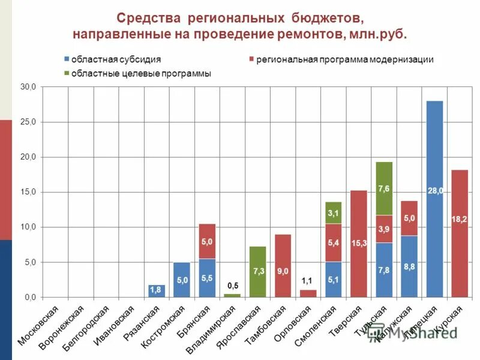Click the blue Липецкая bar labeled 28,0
(434, 198)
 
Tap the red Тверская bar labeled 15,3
(359, 243)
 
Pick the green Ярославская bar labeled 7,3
(257, 271)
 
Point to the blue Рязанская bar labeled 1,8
(157, 290)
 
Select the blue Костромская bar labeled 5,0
(182, 280)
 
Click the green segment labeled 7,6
(384, 188)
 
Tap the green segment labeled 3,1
(334, 212)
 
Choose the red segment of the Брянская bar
(207, 241)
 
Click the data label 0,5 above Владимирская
(232, 286)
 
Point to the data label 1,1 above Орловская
(307, 281)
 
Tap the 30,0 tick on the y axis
(28, 87)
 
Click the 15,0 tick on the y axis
(28, 192)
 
